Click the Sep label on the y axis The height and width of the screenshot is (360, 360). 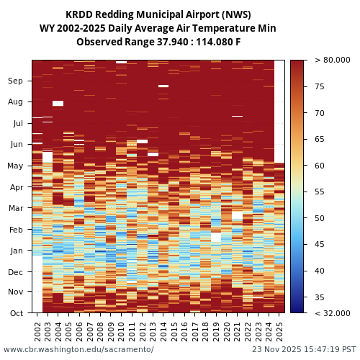[16, 81]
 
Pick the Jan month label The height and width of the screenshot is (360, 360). [16, 251]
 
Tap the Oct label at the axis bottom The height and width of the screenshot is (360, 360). [16, 313]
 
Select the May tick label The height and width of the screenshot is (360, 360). [15, 166]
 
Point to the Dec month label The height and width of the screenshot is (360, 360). [16, 272]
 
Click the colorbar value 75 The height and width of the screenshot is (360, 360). [319, 86]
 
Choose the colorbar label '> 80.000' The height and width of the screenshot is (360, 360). [332, 60]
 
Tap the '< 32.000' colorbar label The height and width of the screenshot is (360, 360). [332, 313]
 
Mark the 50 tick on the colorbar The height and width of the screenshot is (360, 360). [319, 218]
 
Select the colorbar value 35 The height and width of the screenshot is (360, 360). [319, 297]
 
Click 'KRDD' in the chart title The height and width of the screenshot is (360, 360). [79, 14]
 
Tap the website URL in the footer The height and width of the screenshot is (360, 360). [78, 349]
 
